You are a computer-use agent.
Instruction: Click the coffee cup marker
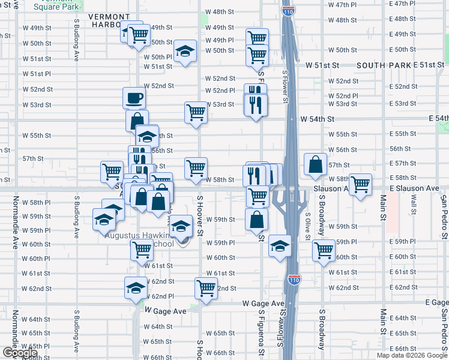click(x=134, y=98)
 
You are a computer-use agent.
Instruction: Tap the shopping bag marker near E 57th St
click(x=315, y=164)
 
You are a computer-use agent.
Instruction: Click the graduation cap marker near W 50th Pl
click(x=185, y=51)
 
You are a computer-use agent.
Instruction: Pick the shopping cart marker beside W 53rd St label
click(x=196, y=112)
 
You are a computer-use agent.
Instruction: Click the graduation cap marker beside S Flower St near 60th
click(x=279, y=246)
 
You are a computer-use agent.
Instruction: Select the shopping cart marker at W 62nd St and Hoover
click(x=206, y=288)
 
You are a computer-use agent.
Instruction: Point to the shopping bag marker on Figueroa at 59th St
click(x=256, y=220)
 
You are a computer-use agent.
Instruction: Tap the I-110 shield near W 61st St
click(x=295, y=279)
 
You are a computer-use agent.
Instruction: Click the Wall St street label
click(x=413, y=205)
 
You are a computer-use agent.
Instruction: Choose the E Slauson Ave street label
click(x=414, y=188)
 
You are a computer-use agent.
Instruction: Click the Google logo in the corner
click(x=20, y=353)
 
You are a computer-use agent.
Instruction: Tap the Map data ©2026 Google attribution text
click(x=412, y=355)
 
